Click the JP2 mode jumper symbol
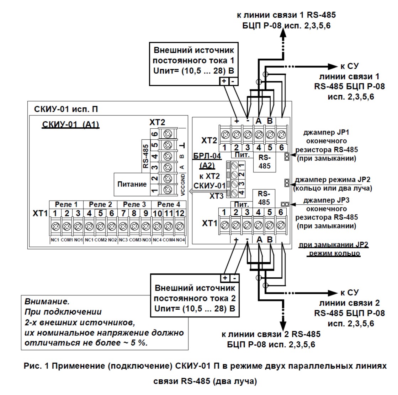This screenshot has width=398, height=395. (x=286, y=183)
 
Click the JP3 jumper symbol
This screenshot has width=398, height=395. (x=285, y=204)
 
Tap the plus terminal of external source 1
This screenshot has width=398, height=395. (x=224, y=81)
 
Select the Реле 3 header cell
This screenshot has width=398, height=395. (x=134, y=204)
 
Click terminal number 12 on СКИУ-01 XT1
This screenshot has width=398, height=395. (x=180, y=213)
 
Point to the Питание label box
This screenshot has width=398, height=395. (x=132, y=184)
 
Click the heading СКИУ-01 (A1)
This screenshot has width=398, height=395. (x=70, y=125)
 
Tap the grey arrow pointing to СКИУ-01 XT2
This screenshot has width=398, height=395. (x=193, y=192)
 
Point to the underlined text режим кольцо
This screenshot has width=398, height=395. (x=334, y=253)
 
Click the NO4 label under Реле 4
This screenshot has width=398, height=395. (x=180, y=240)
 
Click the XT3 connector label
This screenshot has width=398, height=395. (x=216, y=196)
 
